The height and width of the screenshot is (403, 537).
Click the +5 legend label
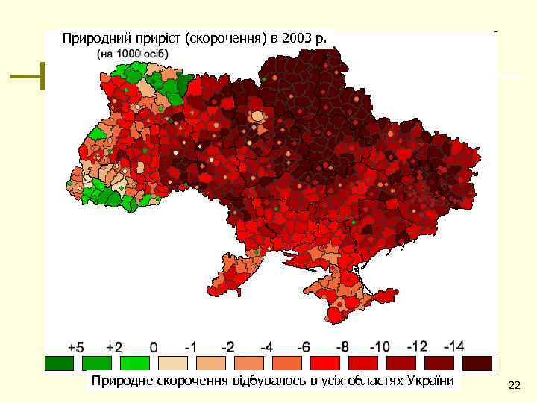point(76,347)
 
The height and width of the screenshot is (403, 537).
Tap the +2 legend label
point(113,347)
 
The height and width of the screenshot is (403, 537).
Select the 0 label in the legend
point(154,347)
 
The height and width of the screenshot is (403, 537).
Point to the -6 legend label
point(304,347)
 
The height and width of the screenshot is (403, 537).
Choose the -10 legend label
point(380,347)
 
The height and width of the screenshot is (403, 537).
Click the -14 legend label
point(453,346)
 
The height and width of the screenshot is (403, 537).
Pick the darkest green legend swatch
point(58,363)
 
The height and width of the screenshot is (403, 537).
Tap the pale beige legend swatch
point(172,363)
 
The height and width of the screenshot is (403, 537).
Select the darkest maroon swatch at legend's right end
point(477,363)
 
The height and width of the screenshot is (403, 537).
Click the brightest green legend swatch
point(134,363)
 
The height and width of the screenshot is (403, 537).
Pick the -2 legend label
point(227,347)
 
